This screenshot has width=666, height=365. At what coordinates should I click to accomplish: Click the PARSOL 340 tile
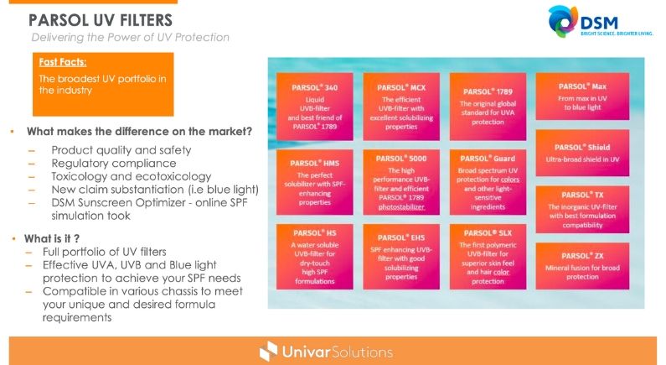(x=315, y=107)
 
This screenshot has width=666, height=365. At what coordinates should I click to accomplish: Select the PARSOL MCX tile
(x=401, y=107)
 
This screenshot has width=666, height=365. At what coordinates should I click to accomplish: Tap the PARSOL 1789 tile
(x=488, y=107)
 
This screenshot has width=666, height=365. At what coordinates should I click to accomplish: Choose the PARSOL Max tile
(x=582, y=96)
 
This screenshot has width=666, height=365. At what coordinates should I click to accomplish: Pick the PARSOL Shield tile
(x=582, y=154)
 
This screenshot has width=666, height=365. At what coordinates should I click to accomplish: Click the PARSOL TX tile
(x=582, y=209)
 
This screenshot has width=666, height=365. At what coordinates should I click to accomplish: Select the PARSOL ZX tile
(x=582, y=266)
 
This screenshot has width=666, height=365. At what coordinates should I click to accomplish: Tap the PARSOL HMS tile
(x=315, y=182)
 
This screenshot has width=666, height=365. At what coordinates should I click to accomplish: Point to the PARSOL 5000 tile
(x=401, y=182)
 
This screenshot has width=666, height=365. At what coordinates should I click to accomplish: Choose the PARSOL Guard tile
(x=488, y=182)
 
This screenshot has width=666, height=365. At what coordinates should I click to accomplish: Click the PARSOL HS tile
(x=315, y=257)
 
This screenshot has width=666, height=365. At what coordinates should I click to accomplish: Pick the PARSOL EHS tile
(x=401, y=257)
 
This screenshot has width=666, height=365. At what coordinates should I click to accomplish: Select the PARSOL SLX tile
(x=488, y=257)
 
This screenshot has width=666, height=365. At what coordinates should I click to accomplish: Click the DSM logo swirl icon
(x=563, y=21)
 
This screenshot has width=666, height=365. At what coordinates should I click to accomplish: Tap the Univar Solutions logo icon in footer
(x=268, y=352)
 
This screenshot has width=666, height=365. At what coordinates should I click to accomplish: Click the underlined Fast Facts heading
(x=63, y=62)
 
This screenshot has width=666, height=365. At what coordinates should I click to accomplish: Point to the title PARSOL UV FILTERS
(x=101, y=20)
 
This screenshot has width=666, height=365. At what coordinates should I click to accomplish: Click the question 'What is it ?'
(x=52, y=238)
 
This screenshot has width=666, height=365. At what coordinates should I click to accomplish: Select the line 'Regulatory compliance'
(x=114, y=164)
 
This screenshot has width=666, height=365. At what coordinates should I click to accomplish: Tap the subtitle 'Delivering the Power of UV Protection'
(x=131, y=38)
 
